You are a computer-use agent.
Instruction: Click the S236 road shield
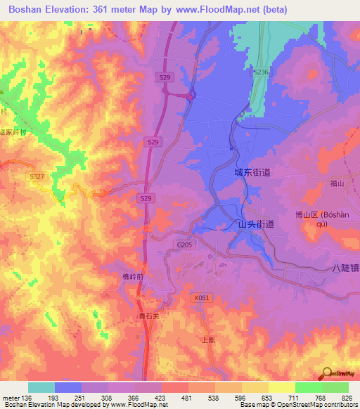click(262, 72)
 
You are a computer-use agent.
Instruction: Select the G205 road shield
click(184, 245)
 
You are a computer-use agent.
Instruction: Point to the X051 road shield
click(201, 298)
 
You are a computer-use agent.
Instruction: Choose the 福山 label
click(336, 183)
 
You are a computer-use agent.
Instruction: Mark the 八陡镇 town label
click(345, 268)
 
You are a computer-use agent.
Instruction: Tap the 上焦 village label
click(208, 339)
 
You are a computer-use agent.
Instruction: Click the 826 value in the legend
click(347, 398)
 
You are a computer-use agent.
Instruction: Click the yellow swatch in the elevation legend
click(281, 387)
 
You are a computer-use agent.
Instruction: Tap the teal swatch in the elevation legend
click(41, 387)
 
